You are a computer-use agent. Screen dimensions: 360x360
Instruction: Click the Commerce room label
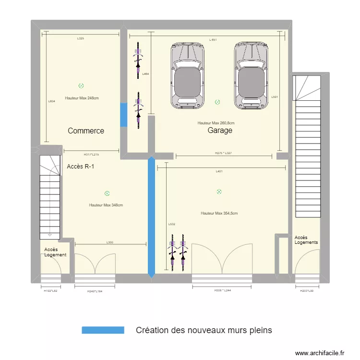(86, 131)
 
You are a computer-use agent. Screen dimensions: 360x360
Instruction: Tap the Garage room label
(220, 130)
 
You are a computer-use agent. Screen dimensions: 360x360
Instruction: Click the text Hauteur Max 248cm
(82, 98)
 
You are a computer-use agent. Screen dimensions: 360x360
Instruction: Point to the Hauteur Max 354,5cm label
(219, 213)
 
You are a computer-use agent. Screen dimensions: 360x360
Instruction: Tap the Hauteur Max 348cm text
(106, 205)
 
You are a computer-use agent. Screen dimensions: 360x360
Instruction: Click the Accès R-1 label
(80, 167)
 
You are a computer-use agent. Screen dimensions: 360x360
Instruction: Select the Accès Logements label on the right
(306, 240)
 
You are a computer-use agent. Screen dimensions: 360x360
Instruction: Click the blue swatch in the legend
(103, 330)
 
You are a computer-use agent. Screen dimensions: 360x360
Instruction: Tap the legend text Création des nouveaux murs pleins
(204, 330)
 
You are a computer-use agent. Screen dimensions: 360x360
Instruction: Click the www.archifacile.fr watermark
(320, 353)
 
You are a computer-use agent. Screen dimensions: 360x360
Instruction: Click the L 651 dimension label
(213, 40)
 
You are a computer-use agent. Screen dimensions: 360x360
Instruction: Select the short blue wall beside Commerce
(123, 115)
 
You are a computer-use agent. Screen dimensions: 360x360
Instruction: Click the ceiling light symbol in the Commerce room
(81, 86)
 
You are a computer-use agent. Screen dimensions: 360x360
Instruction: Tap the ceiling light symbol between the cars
(217, 102)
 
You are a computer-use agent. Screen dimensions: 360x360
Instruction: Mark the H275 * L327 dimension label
(223, 153)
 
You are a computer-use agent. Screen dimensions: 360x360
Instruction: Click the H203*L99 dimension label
(307, 291)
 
